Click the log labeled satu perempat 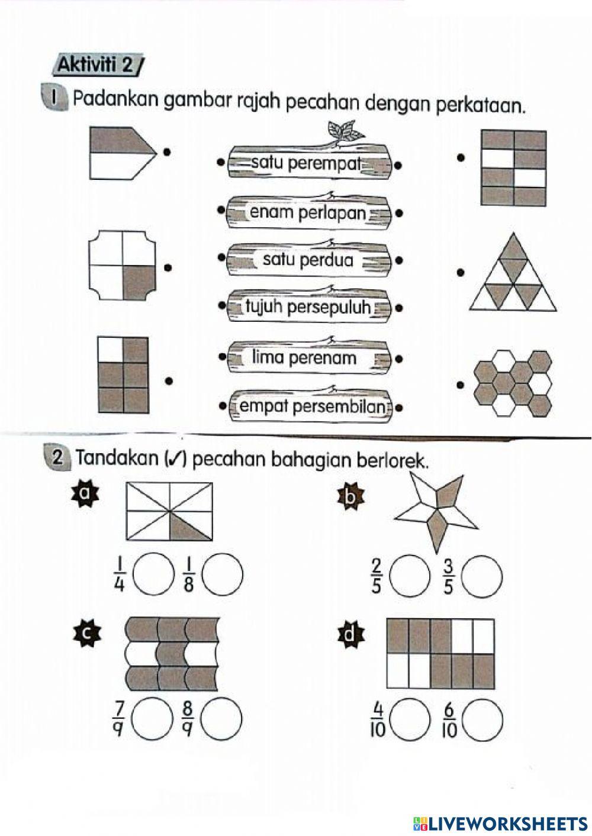308,163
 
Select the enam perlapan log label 308,212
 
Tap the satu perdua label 308,260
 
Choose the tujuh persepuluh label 308,307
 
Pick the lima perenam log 308,358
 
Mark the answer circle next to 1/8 222,574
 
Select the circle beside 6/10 482,720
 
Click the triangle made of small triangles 513,273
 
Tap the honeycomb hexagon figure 513,384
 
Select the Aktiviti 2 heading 98,64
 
